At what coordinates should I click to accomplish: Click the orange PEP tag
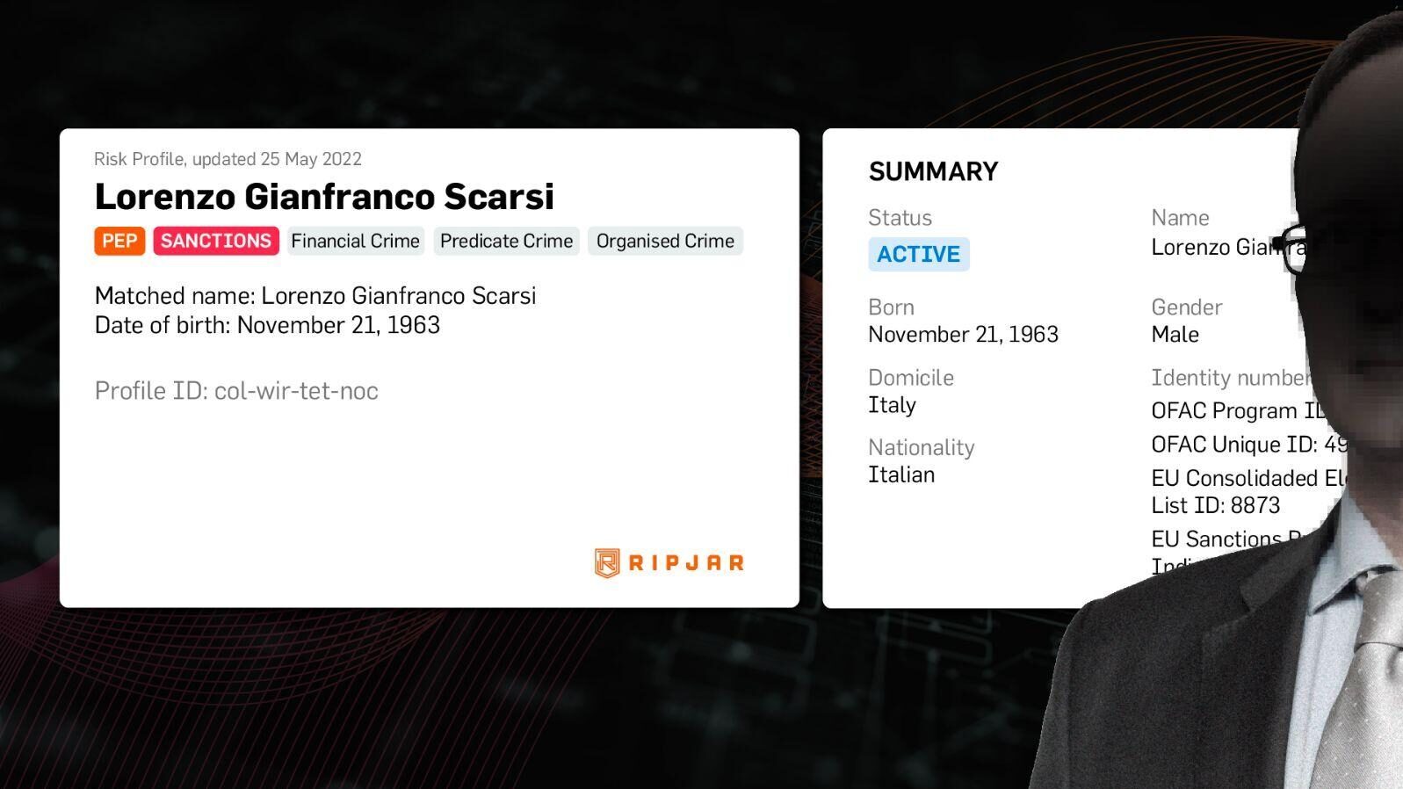pos(119,241)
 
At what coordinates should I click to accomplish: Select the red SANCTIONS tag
pos(216,241)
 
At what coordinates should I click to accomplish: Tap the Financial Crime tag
pos(355,241)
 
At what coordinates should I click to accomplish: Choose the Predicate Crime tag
pos(506,241)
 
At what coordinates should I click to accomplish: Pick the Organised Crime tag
pos(665,241)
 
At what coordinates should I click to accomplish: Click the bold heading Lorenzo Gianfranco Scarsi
pos(324,197)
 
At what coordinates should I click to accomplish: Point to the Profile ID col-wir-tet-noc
pos(236,391)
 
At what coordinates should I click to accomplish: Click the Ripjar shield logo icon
pos(606,562)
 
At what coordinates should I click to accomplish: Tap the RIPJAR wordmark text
pos(686,563)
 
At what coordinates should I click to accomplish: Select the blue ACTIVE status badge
pos(918,254)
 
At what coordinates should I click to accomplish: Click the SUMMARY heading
pos(933,171)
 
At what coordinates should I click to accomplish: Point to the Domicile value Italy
pos(892,405)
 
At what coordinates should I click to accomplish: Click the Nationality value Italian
pos(901,474)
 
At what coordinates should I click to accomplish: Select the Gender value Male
pos(1175,335)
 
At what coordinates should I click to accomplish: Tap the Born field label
pos(891,308)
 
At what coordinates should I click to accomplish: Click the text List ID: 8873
pos(1215,505)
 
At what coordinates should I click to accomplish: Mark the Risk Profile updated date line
pos(228,159)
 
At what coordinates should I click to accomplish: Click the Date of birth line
pos(267,325)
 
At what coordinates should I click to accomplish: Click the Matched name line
pos(315,295)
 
